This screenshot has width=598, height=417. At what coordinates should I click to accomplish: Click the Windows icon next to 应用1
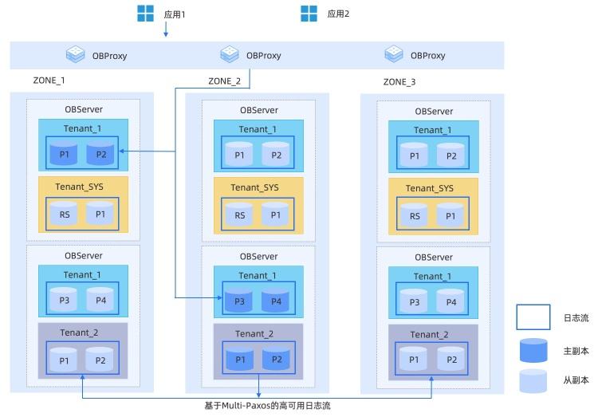(x=145, y=13)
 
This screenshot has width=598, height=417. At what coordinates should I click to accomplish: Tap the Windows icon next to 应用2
(x=309, y=13)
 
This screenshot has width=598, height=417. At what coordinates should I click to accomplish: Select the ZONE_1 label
(x=49, y=81)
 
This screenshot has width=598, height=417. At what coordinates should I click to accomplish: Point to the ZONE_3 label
(x=399, y=82)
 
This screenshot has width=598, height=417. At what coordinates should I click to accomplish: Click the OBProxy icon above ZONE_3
(x=394, y=54)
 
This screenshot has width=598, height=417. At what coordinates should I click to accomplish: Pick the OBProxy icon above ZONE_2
(x=229, y=54)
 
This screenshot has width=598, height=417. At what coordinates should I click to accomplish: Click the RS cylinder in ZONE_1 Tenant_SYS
(x=64, y=214)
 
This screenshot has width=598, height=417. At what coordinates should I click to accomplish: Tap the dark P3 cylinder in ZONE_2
(x=238, y=300)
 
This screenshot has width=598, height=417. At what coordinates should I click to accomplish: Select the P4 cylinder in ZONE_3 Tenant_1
(x=451, y=301)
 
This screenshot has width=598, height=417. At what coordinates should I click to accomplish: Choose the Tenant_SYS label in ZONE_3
(x=429, y=188)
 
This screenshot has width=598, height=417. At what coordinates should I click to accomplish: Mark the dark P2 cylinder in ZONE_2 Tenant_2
(x=276, y=360)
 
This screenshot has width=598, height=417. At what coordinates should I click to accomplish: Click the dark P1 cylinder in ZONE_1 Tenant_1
(x=64, y=154)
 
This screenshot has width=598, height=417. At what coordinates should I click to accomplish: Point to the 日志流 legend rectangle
(x=533, y=317)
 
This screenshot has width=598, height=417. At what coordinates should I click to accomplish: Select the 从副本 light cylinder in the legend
(x=533, y=380)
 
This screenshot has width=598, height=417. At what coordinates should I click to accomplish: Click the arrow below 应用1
(x=165, y=30)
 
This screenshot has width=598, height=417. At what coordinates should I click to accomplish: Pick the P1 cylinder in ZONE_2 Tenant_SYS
(x=276, y=214)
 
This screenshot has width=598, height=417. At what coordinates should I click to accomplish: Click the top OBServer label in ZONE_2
(x=258, y=111)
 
